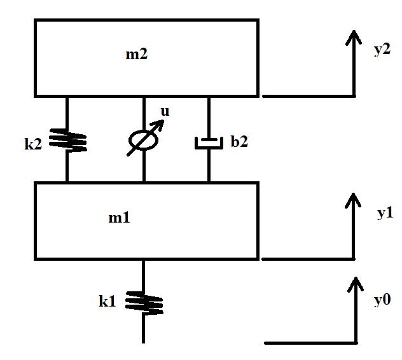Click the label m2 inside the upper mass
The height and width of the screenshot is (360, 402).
pos(136,55)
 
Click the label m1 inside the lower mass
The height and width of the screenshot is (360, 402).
pos(119,218)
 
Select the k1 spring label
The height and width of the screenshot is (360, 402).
pos(107,301)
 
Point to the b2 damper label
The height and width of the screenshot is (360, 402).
pos(239,142)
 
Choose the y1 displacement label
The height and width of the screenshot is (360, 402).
pos(384,213)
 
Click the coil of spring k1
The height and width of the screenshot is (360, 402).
pos(143,302)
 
